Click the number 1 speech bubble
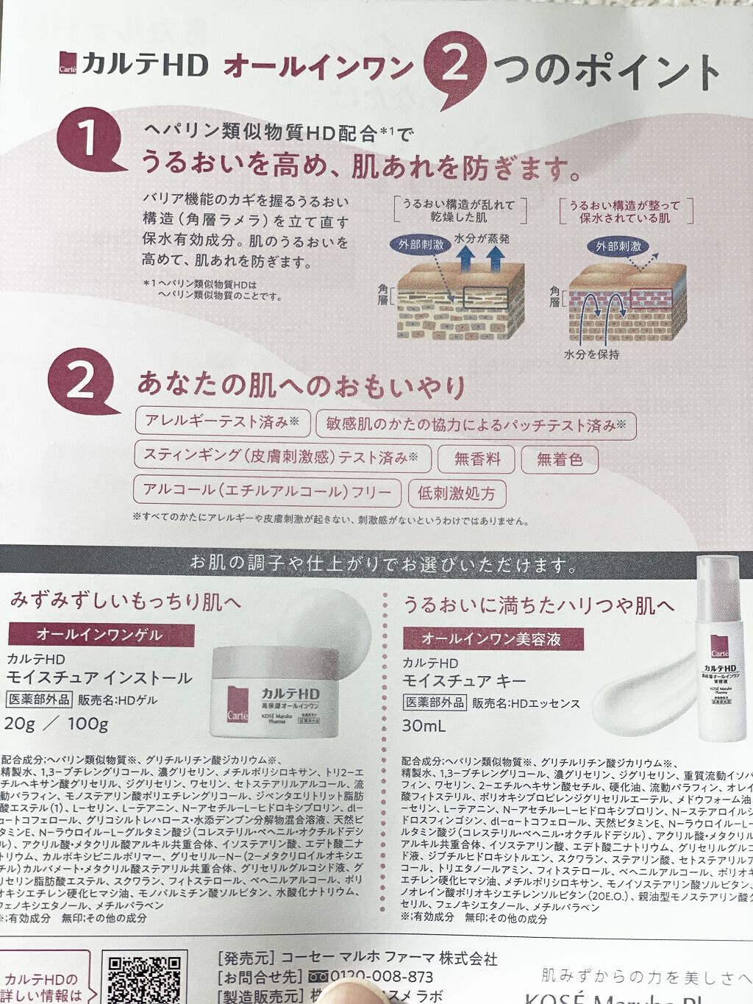click(88, 139)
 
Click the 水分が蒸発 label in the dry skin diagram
click(482, 239)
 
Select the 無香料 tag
click(477, 459)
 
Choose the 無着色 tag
click(559, 460)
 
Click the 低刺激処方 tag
click(457, 494)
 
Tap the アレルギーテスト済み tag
click(222, 421)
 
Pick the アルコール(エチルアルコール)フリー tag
click(267, 491)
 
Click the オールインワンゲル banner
click(101, 634)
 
